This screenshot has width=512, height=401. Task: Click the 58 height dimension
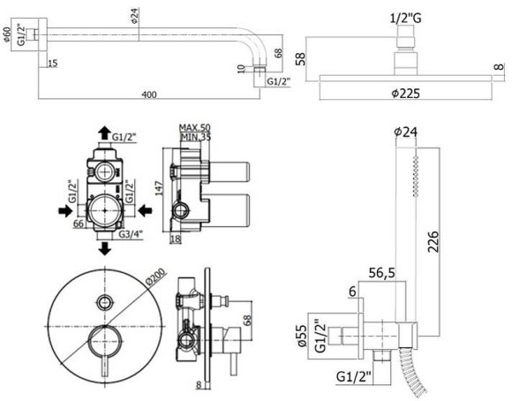[x=299, y=59]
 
